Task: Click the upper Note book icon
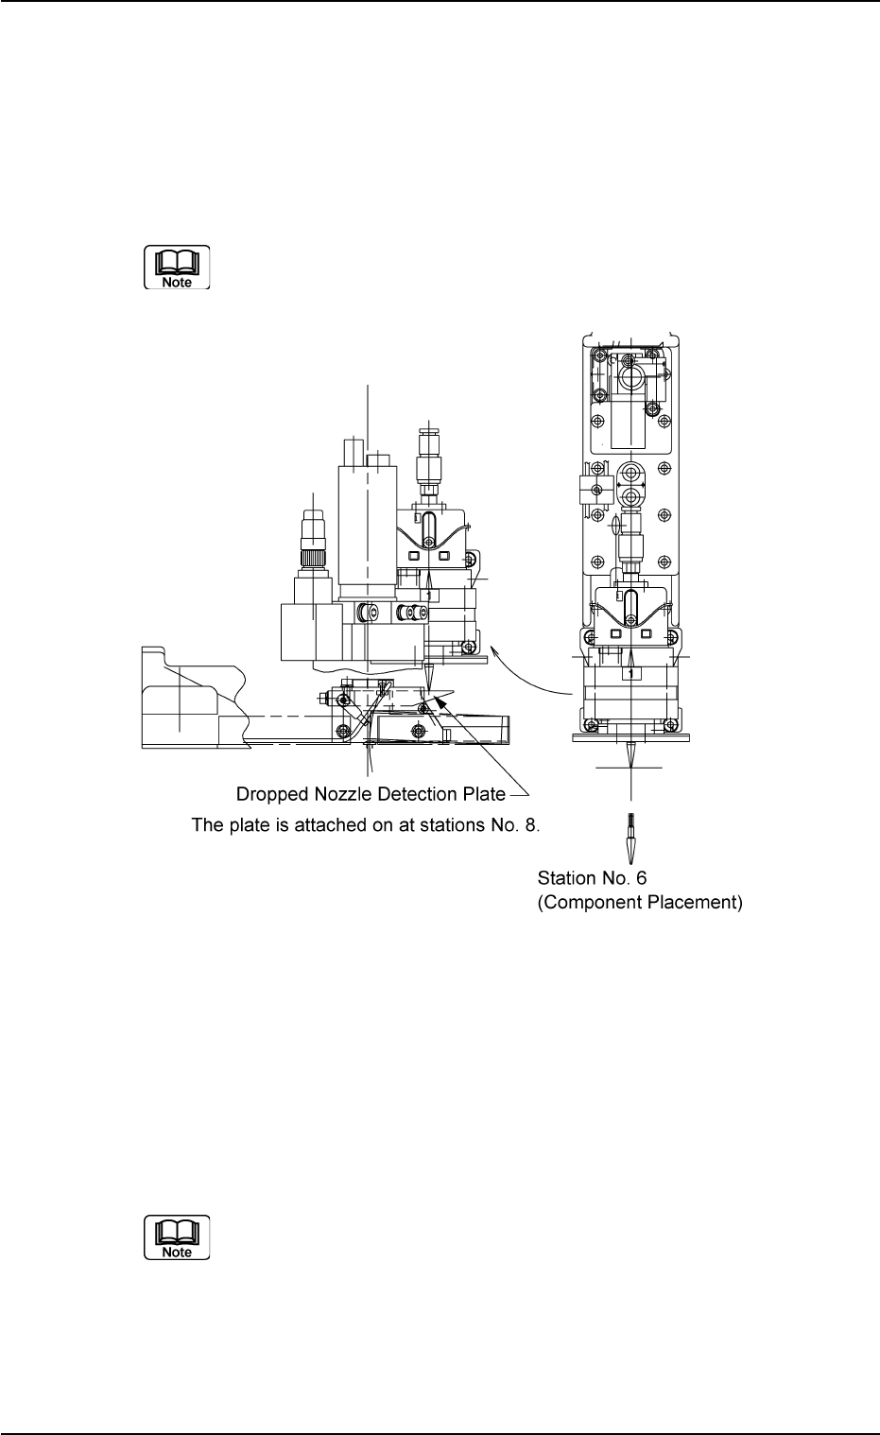tap(177, 268)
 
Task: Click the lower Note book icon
tap(177, 1236)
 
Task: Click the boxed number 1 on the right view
tap(630, 673)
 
